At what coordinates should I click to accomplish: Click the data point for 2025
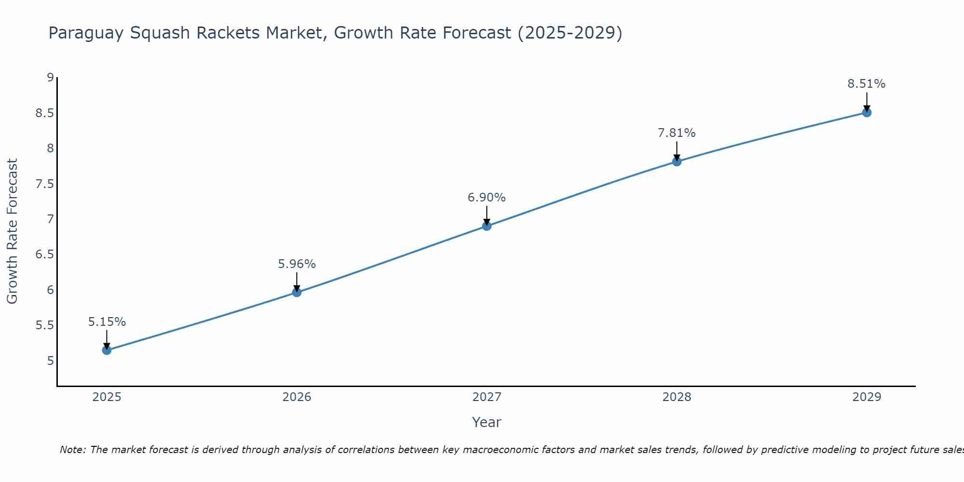pos(107,350)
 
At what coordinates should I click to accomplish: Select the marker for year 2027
pos(487,226)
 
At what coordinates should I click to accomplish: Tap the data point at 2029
pos(867,113)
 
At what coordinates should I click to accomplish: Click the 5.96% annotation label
pos(296,264)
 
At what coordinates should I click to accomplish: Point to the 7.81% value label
pos(677,133)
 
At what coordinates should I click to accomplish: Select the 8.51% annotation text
pos(866,84)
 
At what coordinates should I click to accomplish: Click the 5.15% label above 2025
pos(107,322)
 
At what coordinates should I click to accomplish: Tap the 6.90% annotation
pos(486,198)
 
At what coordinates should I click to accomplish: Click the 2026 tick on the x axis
pos(296,397)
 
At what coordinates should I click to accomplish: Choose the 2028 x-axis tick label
pos(677,397)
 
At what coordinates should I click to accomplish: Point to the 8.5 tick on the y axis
pos(44,113)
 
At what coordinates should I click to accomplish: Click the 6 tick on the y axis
pos(50,290)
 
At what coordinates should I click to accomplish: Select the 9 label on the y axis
pos(50,78)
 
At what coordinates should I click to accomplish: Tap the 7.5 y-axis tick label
pos(44,184)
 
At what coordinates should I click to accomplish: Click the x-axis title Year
pos(486,422)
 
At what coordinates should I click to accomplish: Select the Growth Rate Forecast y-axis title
pos(12,231)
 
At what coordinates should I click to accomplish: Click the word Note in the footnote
pos(72,450)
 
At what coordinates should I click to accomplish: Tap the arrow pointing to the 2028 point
pos(677,150)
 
